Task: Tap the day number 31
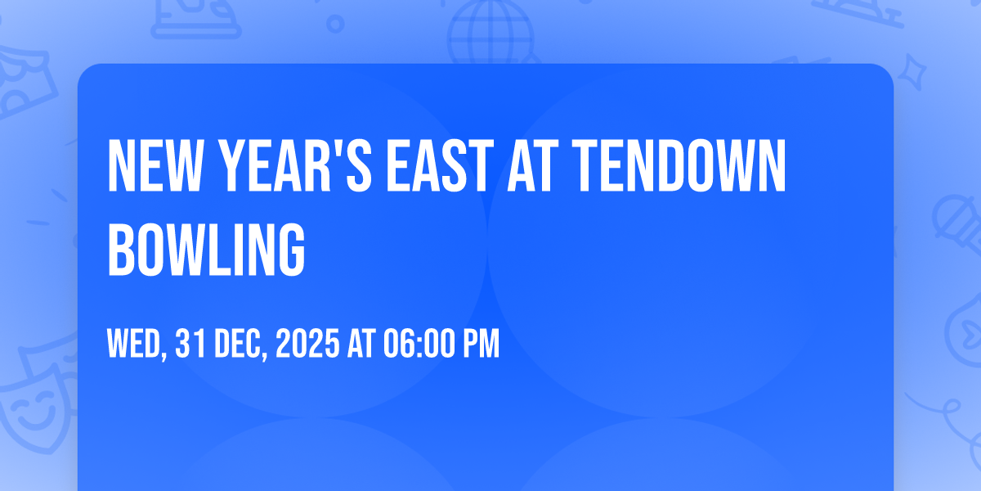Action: pyautogui.click(x=190, y=345)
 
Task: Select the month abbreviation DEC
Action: pyautogui.click(x=240, y=345)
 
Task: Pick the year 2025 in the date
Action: pyautogui.click(x=307, y=345)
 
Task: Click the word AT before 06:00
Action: pyautogui.click(x=361, y=345)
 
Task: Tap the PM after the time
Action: pyautogui.click(x=480, y=345)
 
